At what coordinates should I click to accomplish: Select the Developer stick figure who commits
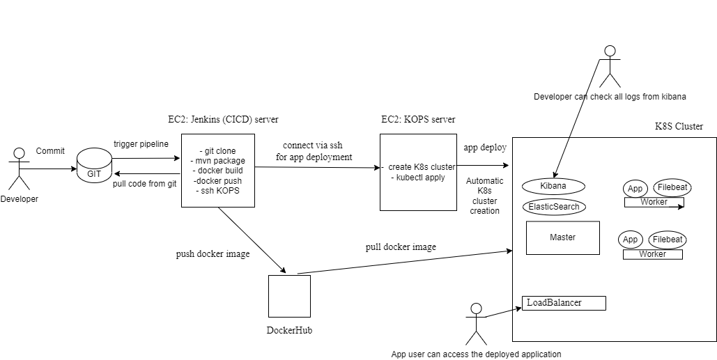pos(20,168)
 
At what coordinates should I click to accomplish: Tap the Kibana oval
pos(553,187)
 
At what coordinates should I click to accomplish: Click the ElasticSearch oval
pos(554,207)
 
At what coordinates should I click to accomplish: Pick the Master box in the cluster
pos(562,237)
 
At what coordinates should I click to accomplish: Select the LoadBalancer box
pos(564,303)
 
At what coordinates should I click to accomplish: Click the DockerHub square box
pos(289,297)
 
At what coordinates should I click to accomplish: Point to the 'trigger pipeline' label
pos(141,144)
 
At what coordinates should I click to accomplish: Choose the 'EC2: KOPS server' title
pos(418,120)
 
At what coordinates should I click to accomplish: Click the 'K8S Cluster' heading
pos(679,127)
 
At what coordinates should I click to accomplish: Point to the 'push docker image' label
pos(213,254)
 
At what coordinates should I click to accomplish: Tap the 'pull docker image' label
pos(401,247)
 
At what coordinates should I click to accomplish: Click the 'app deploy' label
pos(485,148)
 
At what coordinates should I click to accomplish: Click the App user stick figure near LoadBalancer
pos(476,323)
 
